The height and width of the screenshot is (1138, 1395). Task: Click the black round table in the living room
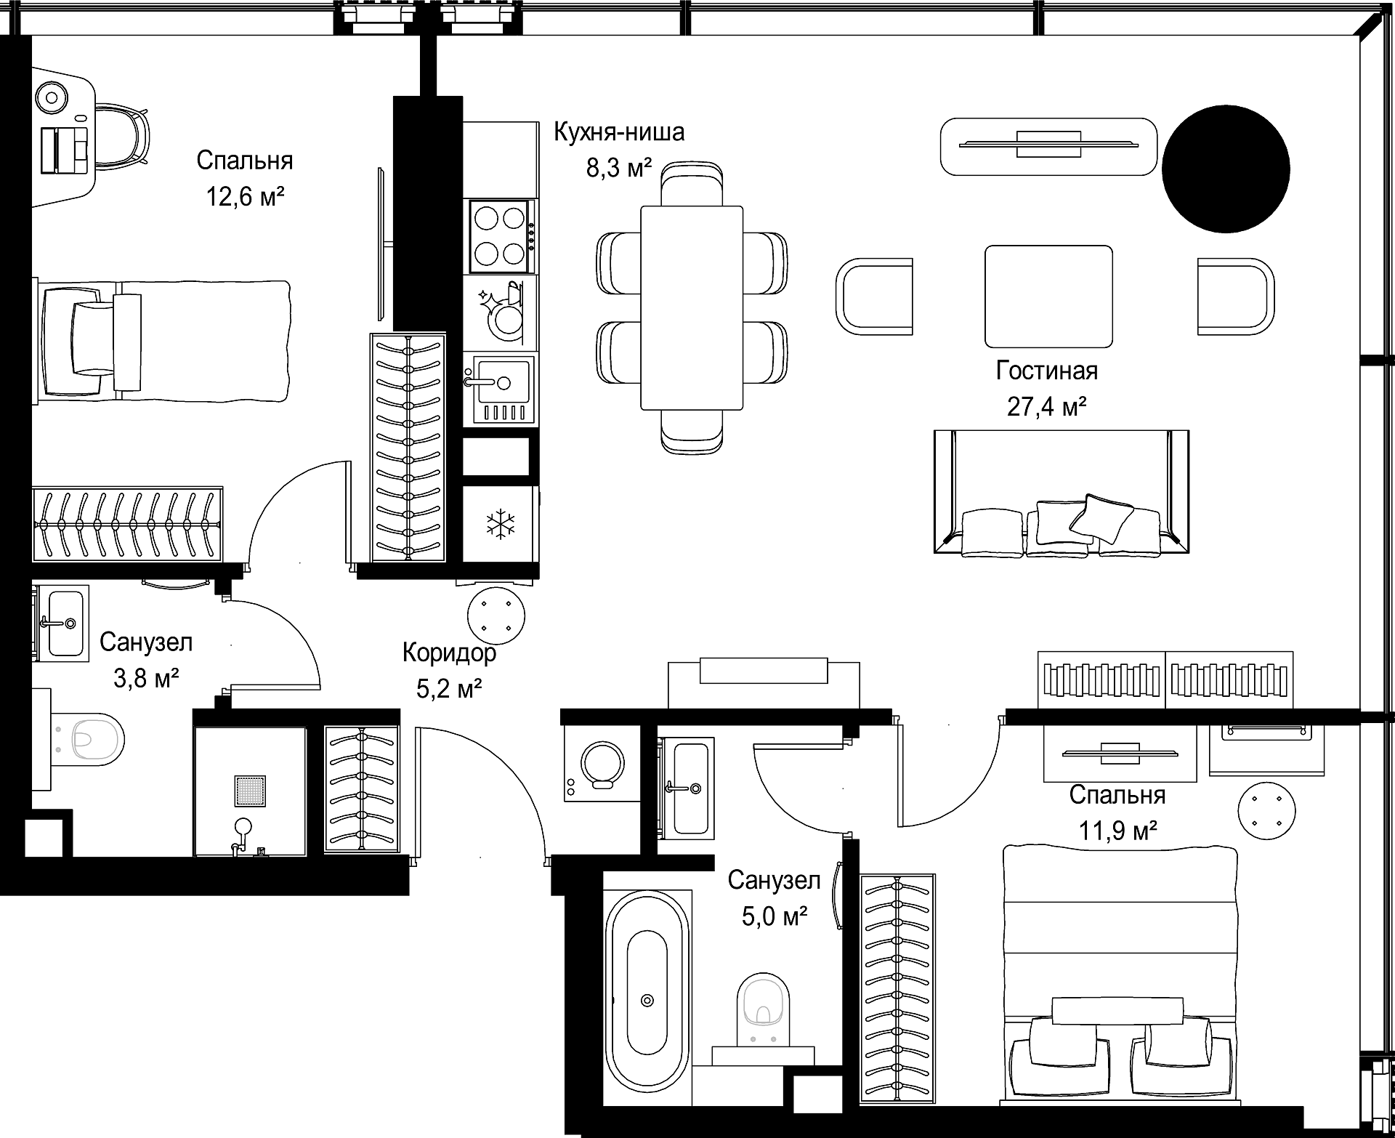click(1226, 169)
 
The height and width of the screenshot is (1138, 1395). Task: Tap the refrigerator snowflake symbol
click(500, 525)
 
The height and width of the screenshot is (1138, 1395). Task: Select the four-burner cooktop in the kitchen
click(499, 235)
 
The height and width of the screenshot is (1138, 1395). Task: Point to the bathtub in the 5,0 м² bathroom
click(647, 998)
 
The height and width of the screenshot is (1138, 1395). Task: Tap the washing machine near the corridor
click(602, 764)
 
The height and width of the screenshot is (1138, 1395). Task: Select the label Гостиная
click(1046, 371)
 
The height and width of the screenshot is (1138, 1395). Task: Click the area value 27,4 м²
click(1046, 407)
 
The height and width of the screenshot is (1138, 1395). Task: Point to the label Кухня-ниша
click(619, 132)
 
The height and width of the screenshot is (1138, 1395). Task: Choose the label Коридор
click(449, 653)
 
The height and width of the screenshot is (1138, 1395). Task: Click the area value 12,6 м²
click(245, 196)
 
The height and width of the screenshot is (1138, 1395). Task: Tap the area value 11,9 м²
click(1117, 831)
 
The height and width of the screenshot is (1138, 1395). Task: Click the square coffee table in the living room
click(1048, 296)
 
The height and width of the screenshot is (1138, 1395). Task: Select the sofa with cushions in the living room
click(1062, 493)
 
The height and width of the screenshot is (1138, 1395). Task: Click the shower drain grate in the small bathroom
click(250, 791)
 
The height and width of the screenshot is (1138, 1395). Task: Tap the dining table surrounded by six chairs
click(692, 308)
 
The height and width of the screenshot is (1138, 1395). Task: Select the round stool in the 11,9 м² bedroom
click(1267, 810)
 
